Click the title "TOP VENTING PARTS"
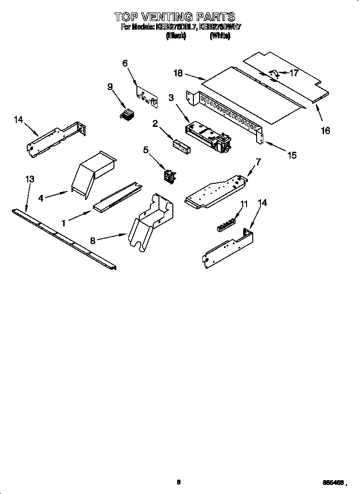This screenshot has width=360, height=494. point(174,17)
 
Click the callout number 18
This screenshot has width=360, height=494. point(178,73)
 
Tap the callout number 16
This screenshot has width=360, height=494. point(325,131)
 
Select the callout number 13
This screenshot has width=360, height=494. point(30,179)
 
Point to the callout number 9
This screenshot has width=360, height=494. point(110,87)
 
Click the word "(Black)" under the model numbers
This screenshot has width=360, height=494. point(175,36)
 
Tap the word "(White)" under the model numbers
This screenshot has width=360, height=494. point(220,36)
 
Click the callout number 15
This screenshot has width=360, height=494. point(291,155)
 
